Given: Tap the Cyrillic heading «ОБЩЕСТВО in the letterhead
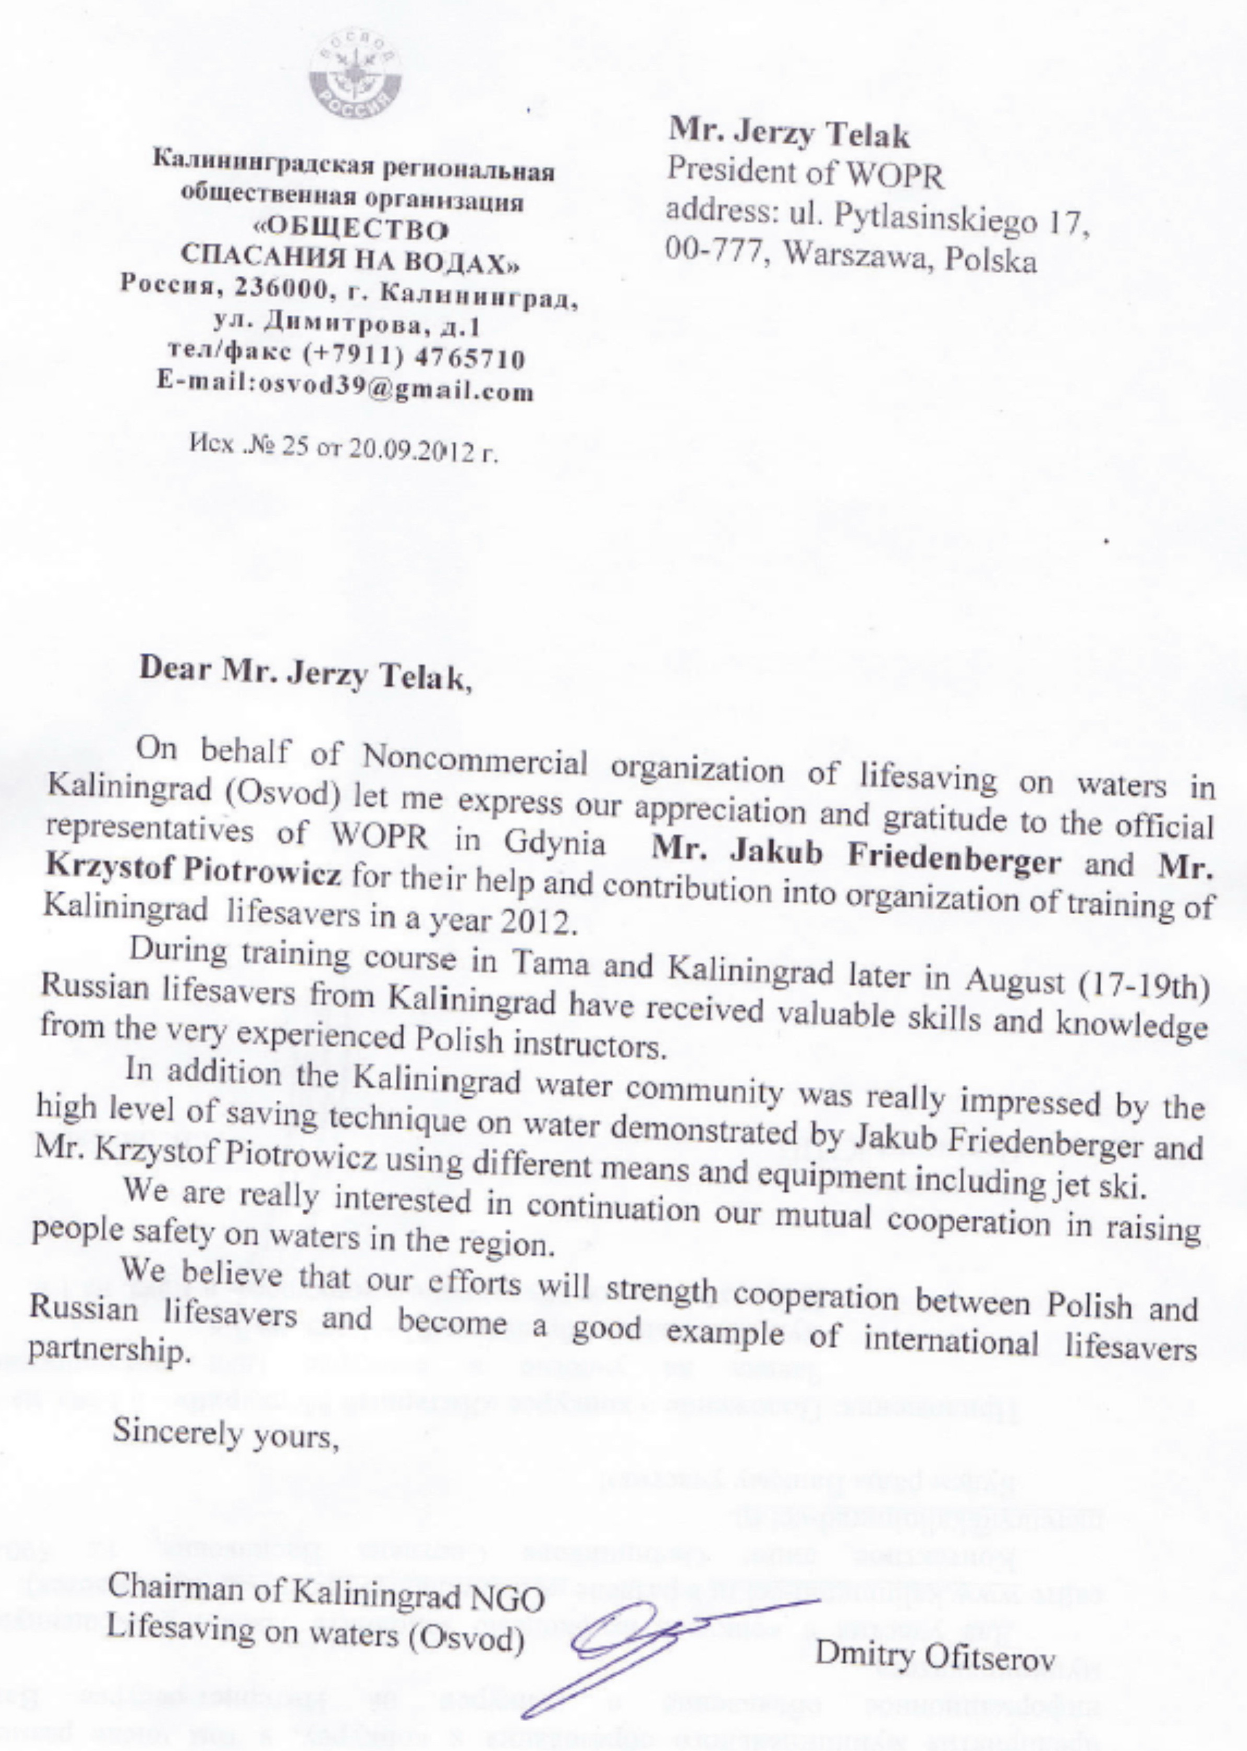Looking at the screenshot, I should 351,229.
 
